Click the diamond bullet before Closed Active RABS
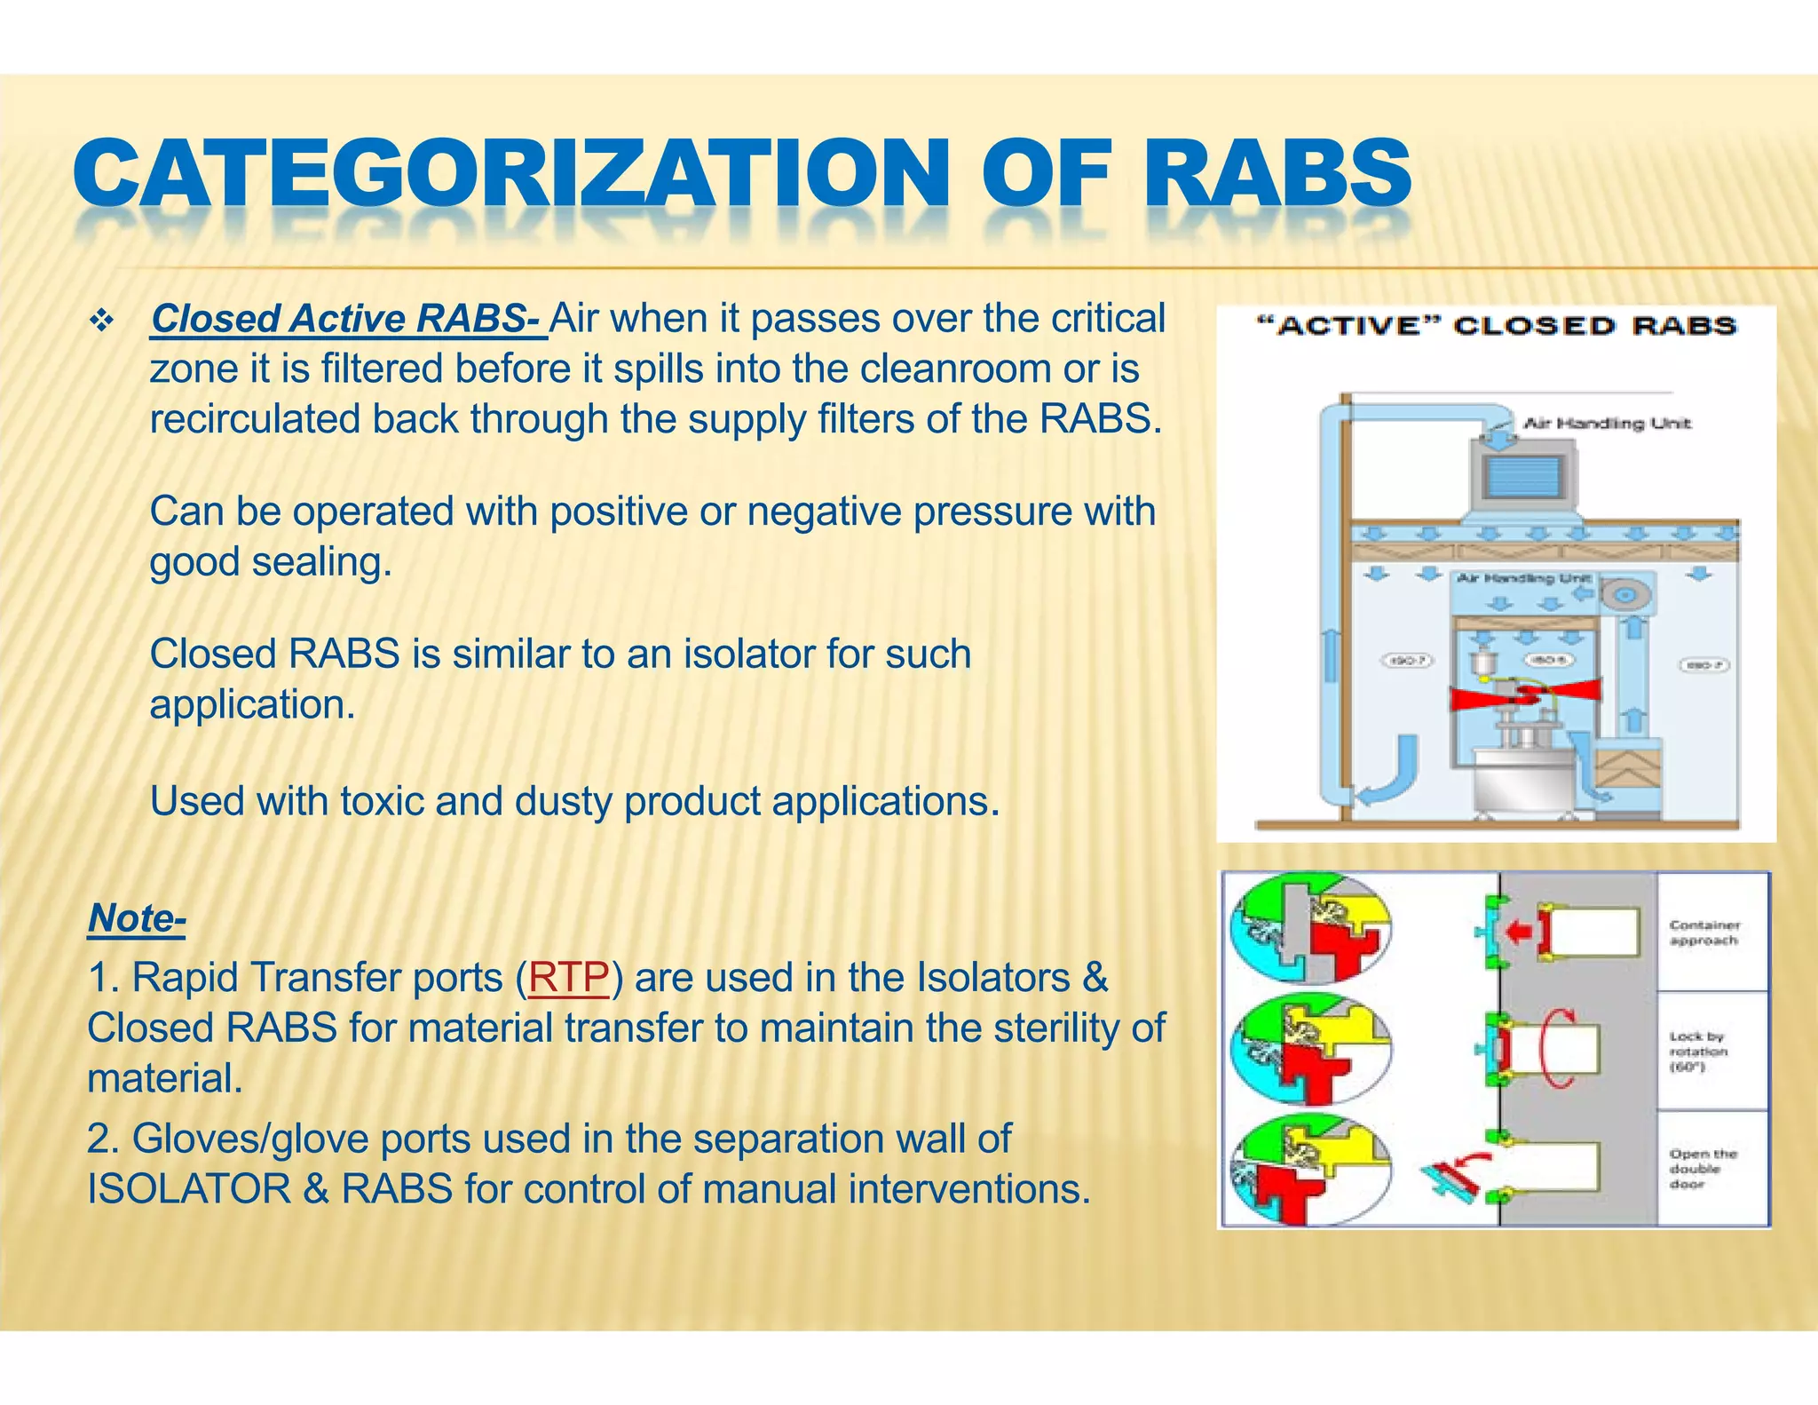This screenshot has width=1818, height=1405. (102, 320)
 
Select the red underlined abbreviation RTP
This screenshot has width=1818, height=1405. (568, 978)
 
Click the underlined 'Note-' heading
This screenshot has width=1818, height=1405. (137, 917)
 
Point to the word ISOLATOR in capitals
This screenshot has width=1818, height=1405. (188, 1189)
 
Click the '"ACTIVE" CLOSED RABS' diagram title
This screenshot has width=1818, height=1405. (1496, 326)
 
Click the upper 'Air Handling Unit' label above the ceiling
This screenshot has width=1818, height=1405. (1607, 424)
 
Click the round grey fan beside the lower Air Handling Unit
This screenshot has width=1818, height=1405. (1626, 593)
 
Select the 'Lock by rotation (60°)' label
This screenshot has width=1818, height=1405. (1697, 1052)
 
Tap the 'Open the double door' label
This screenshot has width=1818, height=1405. (1702, 1169)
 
